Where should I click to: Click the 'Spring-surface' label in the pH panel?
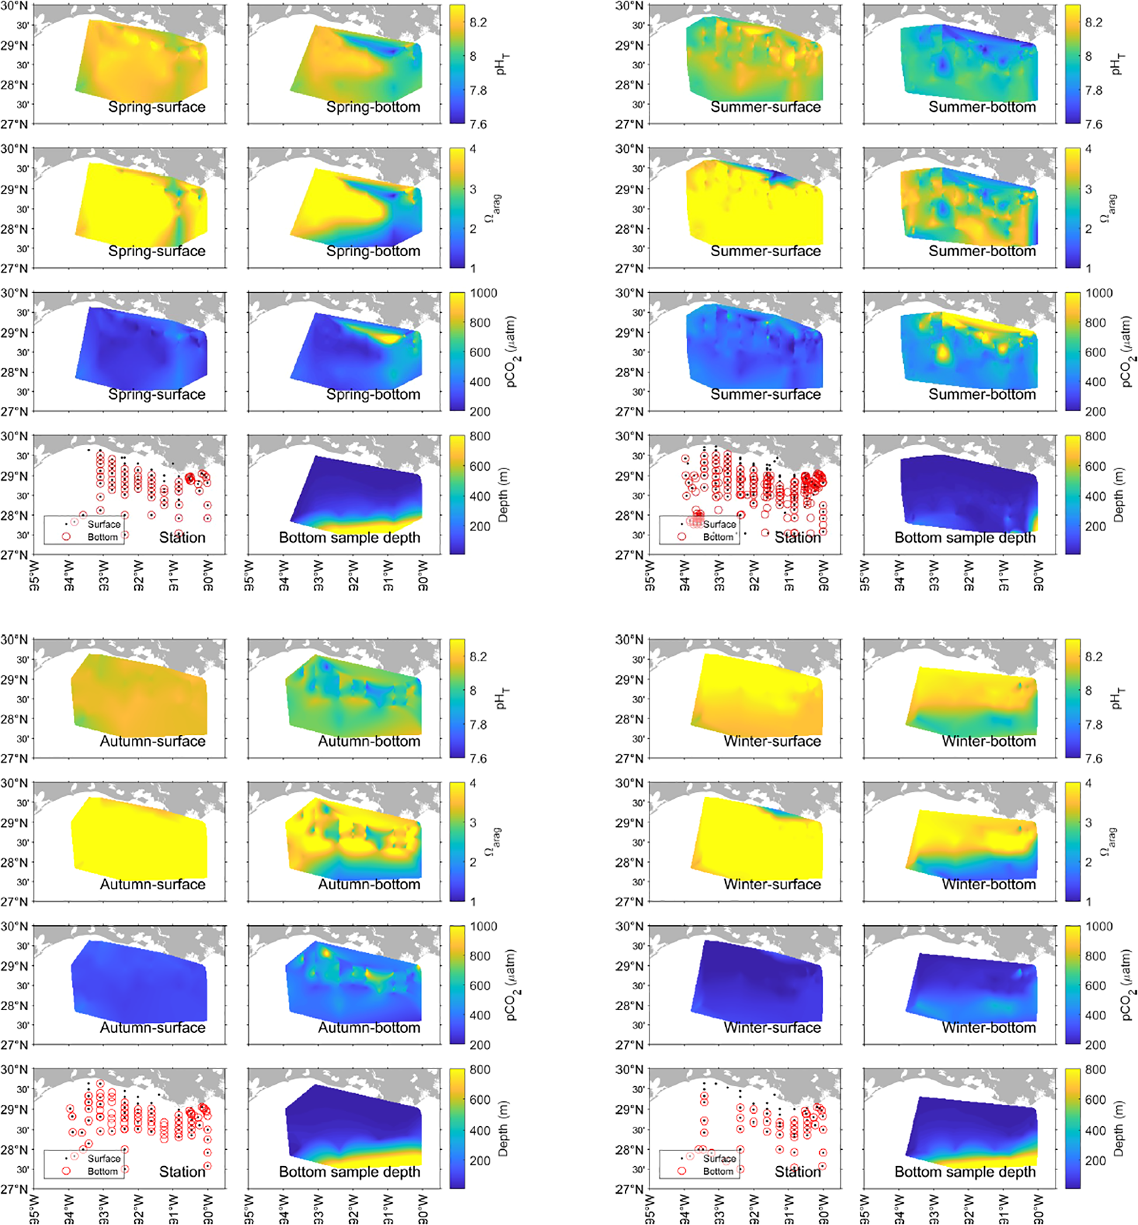(x=156, y=107)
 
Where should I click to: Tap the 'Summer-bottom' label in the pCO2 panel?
(x=982, y=395)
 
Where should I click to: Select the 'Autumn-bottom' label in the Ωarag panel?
(x=369, y=885)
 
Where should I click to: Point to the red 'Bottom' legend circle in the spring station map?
(x=67, y=537)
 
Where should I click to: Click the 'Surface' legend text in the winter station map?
(x=719, y=1158)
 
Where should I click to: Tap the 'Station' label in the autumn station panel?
(x=182, y=1171)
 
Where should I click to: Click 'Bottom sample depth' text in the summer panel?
(x=965, y=538)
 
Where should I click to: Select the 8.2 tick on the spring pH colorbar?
(x=478, y=23)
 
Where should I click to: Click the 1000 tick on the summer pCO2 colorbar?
(x=1099, y=294)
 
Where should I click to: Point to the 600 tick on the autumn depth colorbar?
(x=480, y=1100)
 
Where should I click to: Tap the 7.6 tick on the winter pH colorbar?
(x=1094, y=758)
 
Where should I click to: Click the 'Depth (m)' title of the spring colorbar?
(x=503, y=495)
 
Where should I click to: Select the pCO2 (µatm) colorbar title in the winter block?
(x=1126, y=985)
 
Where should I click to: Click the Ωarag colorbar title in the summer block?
(x=1109, y=208)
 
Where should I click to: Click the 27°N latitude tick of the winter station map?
(x=629, y=1189)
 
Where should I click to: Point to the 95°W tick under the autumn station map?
(x=34, y=1209)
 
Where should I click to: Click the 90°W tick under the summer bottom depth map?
(x=1038, y=575)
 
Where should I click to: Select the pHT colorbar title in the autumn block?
(x=503, y=698)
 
